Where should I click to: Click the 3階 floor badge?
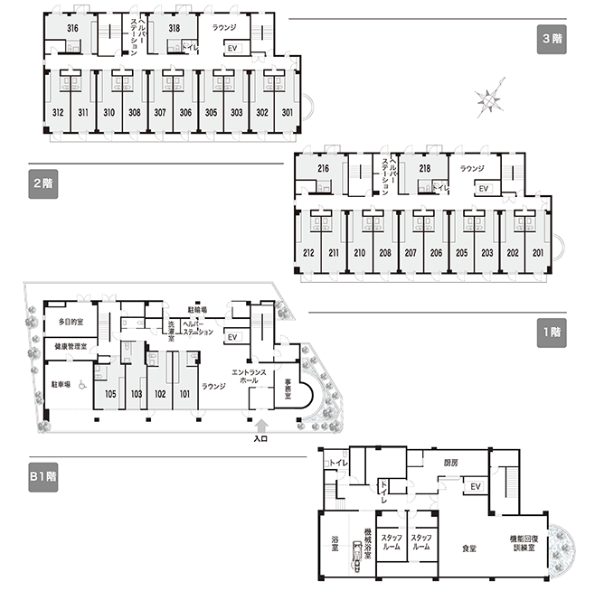[x=552, y=40]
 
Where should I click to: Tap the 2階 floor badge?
[x=42, y=183]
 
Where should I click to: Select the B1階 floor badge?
[x=44, y=476]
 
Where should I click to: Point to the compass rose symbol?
[x=490, y=99]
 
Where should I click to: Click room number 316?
[x=72, y=29]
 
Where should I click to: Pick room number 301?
[x=288, y=113]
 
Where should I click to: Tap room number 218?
[x=424, y=168]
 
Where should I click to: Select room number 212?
[x=309, y=253]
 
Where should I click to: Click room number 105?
[x=110, y=394]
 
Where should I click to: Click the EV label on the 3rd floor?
[x=232, y=48]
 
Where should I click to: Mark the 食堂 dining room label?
[x=468, y=548]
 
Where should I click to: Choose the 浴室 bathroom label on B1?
[x=335, y=542]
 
